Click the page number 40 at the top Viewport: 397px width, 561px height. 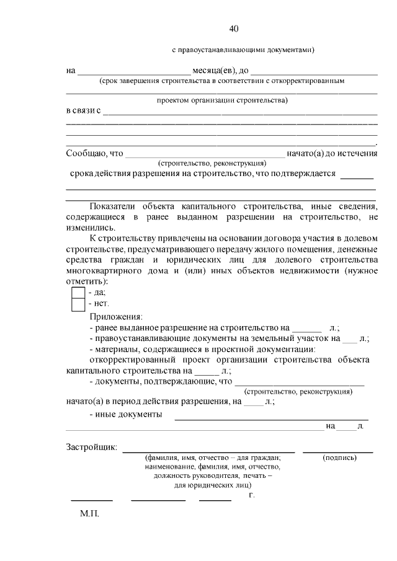(234, 29)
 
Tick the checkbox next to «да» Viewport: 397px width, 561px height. (78, 292)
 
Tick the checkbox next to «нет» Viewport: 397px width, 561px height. (78, 304)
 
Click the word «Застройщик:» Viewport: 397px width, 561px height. (91, 448)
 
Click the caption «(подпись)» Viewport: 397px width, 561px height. (339, 458)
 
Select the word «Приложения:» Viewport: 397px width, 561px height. (115, 316)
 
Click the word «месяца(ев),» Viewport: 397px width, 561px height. (214, 70)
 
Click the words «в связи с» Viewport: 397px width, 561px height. (84, 111)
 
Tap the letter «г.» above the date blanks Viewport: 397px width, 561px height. (251, 495)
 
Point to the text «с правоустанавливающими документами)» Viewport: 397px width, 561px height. (243, 50)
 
